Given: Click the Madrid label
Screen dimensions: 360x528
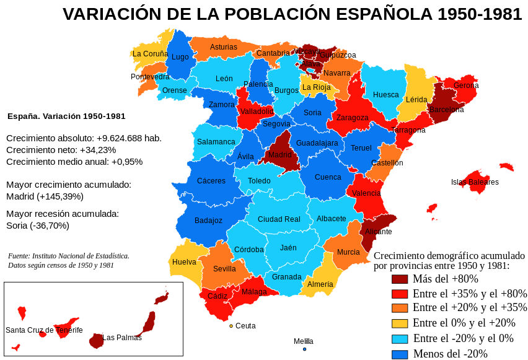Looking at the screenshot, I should pos(280,155).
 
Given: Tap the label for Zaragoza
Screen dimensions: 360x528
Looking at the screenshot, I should pos(353,118).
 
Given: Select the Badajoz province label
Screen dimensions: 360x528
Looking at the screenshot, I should pos(208,221).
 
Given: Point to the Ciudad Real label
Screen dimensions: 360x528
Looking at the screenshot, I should pos(279,219).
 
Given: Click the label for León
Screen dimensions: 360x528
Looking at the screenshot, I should pos(224,79).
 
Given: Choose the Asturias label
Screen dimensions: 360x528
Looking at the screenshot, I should pos(224,47).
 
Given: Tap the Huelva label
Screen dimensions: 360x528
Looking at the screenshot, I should pos(184,262).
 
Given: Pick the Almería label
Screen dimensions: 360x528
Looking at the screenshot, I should pos(320,284).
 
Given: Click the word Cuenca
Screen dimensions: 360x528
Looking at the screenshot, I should pos(328,177).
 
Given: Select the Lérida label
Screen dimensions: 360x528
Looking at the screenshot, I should pos(416,100).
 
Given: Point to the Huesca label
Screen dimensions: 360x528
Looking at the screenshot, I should pos(386,95).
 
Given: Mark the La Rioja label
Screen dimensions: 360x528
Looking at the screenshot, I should pos(317,87).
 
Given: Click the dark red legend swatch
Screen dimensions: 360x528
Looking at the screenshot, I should pos(400,279).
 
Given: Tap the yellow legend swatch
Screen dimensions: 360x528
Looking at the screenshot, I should pos(400,323).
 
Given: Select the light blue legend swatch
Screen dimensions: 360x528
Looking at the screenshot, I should pos(400,339).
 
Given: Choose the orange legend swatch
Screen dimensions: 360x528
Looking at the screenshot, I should pos(400,308).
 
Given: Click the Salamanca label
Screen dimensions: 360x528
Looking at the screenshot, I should pos(216,142).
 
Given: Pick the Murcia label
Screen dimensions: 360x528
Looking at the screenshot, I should pos(348,252).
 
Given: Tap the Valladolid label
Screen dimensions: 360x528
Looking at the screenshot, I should pos(257,112).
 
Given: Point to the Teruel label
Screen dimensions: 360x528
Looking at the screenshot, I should pos(361,148).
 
